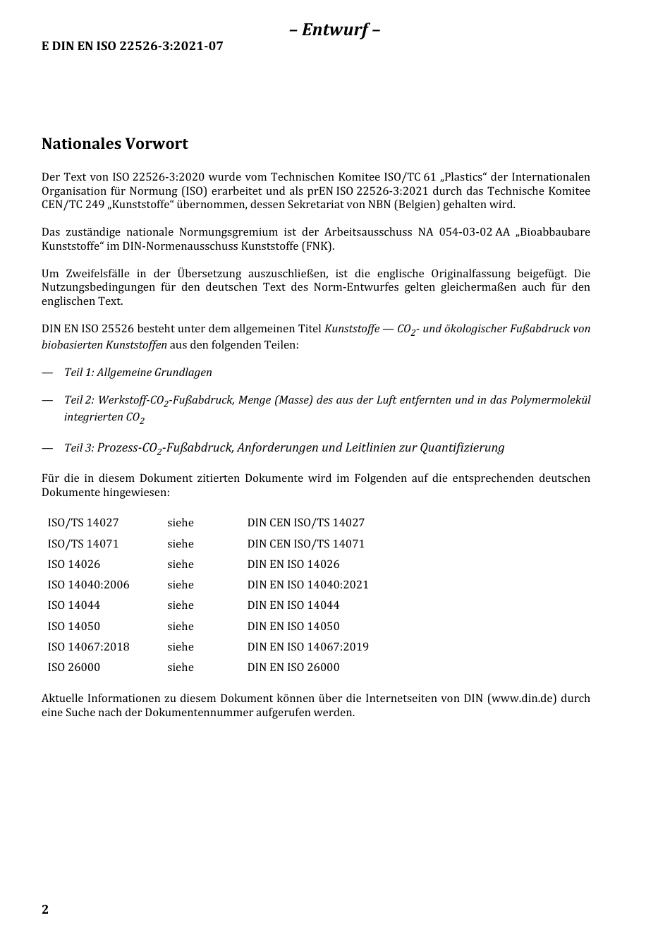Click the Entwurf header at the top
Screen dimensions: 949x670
[334, 30]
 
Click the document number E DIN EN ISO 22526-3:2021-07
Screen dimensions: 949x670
[133, 47]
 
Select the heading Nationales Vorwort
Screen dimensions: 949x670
[115, 144]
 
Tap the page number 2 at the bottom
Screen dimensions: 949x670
[45, 909]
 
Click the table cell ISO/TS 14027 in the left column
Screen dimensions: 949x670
[83, 523]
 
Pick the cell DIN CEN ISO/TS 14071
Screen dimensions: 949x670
[305, 544]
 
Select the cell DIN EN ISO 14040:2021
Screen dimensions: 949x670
[307, 585]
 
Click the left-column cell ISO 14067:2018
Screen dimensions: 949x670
[88, 647]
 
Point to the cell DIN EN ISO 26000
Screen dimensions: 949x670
[293, 667]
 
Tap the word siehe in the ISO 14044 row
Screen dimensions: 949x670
[180, 605]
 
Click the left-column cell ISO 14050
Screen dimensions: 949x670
[73, 627]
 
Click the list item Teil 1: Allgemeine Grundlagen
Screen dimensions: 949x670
[138, 373]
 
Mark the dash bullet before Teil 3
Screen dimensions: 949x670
[47, 448]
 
